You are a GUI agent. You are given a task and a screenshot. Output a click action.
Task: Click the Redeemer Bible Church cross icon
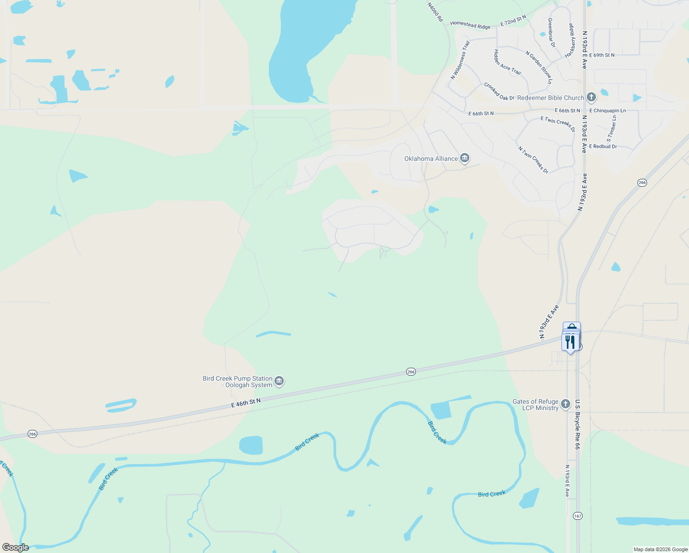[x=591, y=98]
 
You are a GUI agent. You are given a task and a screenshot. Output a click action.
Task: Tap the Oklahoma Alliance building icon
[x=464, y=159]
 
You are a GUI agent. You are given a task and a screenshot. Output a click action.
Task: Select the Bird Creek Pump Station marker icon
[x=279, y=382]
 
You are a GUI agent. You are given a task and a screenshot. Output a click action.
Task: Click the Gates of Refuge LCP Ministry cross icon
[x=566, y=405]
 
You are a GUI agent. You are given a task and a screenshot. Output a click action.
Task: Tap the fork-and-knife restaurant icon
[x=570, y=342]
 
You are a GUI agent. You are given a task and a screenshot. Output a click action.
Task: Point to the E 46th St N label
[x=246, y=403]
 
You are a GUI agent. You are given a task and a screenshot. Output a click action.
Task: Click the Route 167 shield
[x=578, y=516]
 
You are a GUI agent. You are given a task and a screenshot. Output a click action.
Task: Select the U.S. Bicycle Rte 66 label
[x=577, y=424]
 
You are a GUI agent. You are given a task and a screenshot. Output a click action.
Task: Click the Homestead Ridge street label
[x=470, y=25]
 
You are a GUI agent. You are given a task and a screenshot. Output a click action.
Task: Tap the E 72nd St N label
[x=513, y=21]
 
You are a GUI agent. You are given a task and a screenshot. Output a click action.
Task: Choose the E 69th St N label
[x=601, y=55]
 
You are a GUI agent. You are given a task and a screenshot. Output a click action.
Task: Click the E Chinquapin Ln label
[x=607, y=111]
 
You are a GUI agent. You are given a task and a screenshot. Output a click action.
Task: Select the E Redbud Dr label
[x=603, y=147]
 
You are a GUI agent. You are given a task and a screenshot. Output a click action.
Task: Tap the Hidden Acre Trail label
[x=507, y=62]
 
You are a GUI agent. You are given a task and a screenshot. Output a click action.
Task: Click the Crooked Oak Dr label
[x=499, y=92]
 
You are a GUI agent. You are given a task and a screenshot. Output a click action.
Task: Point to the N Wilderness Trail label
[x=460, y=60]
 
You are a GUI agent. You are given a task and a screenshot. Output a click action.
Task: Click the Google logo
[x=16, y=547]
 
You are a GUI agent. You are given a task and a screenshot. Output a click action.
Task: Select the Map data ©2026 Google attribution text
[x=660, y=549]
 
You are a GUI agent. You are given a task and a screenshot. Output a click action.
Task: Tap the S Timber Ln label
[x=611, y=129]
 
